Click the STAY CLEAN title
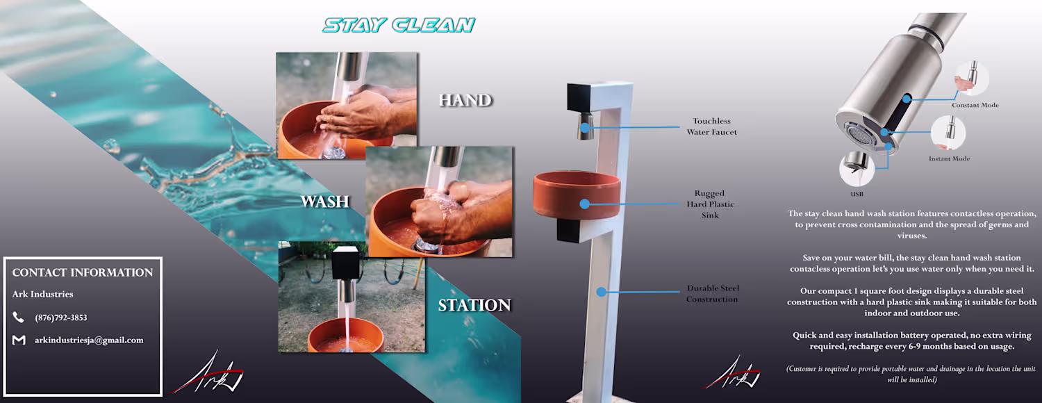click(x=399, y=25)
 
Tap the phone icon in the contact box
click(x=18, y=317)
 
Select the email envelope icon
click(x=19, y=340)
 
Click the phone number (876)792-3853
click(x=61, y=318)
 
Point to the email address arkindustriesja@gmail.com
click(x=89, y=340)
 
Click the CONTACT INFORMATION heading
click(x=83, y=272)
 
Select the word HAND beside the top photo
click(x=465, y=100)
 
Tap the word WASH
click(x=324, y=201)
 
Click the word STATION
click(x=474, y=305)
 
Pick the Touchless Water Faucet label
click(x=712, y=126)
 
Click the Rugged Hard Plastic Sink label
click(x=711, y=204)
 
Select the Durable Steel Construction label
click(x=713, y=294)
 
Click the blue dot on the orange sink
click(x=585, y=204)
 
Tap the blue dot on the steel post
click(x=601, y=292)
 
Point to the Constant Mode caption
click(x=975, y=105)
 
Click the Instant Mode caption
click(x=949, y=158)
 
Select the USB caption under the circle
click(x=857, y=194)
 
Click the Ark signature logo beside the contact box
click(x=207, y=373)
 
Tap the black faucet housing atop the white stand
click(x=579, y=98)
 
